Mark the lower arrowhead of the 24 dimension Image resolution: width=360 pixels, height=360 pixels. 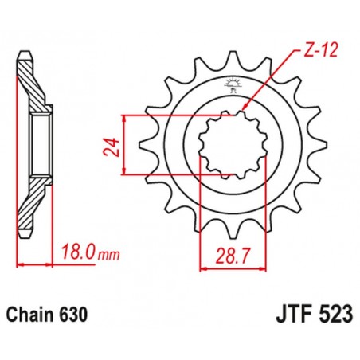click(127, 173)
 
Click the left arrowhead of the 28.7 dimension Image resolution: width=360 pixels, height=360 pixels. click(200, 268)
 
